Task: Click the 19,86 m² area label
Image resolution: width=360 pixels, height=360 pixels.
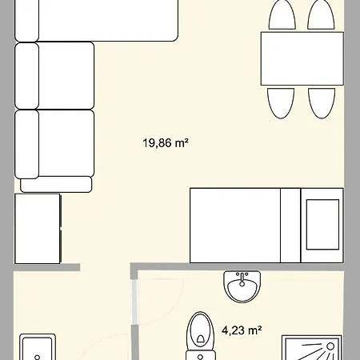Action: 166,144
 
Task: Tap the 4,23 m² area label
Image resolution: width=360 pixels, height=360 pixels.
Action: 242,329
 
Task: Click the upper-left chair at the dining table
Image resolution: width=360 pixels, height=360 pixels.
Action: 282,16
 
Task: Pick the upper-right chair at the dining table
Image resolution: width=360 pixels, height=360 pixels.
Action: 321,16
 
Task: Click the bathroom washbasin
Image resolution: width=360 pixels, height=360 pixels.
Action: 242,286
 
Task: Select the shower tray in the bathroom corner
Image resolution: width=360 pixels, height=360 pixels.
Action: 311,349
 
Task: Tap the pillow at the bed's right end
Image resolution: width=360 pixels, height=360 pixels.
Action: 323,225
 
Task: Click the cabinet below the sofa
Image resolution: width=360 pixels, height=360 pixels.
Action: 38,227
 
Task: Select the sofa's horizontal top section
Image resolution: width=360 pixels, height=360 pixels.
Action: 96,20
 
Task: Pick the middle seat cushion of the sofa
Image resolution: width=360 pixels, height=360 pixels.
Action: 54,75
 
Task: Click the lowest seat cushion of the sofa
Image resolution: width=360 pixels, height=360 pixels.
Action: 54,144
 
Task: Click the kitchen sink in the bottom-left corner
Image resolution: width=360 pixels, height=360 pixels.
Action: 38,349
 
